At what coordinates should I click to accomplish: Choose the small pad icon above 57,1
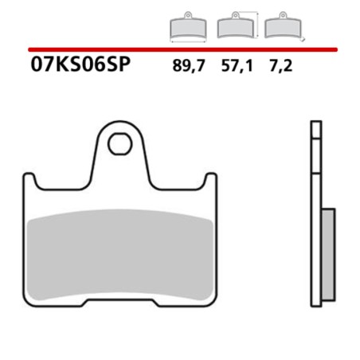(x=234, y=28)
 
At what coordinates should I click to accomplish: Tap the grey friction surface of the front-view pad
(x=121, y=251)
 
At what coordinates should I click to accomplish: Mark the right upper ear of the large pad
(x=211, y=181)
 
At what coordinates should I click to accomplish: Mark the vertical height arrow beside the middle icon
(x=258, y=27)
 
